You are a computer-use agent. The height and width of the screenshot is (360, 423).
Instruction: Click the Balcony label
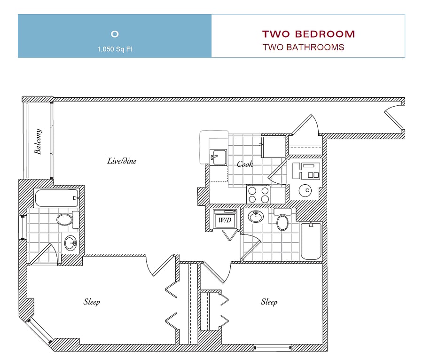coord(38,141)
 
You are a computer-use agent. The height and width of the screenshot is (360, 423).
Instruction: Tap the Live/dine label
coord(122,161)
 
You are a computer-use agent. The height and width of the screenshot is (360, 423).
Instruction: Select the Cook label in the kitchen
coord(245,164)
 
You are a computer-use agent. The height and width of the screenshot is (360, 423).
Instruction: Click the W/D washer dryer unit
coord(225,219)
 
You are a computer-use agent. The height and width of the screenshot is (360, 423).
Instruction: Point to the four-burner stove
coord(258,195)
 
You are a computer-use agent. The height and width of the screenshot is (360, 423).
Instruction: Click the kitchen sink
coord(218,157)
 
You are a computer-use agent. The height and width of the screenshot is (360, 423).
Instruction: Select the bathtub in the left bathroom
coord(57,198)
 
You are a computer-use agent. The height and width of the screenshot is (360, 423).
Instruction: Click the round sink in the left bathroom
coord(70,243)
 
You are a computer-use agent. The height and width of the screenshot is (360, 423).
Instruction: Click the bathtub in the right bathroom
coord(311,241)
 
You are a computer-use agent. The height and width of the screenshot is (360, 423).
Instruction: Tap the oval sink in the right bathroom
coord(256,216)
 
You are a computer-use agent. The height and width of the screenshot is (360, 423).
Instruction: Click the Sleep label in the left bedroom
coord(92,302)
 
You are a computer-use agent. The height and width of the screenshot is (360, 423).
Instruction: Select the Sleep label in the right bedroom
coord(269,302)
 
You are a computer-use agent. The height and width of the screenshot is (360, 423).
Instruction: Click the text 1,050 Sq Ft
coord(115,49)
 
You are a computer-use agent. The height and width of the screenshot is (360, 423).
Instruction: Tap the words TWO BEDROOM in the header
coord(309,34)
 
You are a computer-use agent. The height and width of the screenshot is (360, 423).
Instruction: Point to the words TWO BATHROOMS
coord(304,47)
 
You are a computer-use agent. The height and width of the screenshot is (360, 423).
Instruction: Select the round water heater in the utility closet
coord(305,191)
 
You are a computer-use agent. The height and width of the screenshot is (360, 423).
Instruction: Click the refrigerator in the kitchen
coord(274,147)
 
